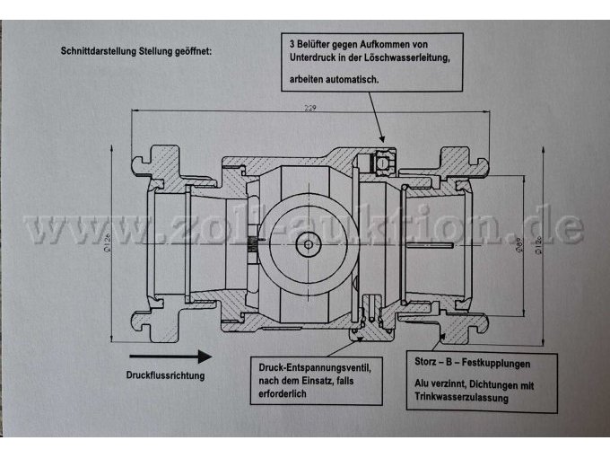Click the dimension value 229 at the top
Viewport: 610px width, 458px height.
pos(310,108)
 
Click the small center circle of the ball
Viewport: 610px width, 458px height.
pos(309,242)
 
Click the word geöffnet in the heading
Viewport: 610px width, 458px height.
pos(197,50)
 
